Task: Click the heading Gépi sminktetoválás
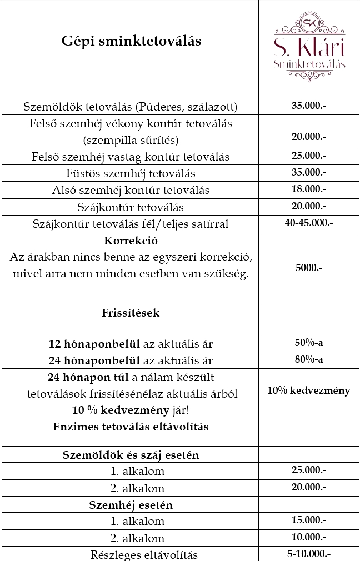click(x=131, y=41)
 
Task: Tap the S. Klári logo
click(x=309, y=48)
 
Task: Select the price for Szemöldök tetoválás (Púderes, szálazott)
click(x=309, y=105)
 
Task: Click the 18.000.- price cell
click(x=309, y=189)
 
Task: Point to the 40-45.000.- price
click(x=309, y=223)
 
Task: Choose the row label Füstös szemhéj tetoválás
click(x=131, y=173)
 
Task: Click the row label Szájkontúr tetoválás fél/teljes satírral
click(x=131, y=224)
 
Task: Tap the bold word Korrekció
click(x=131, y=242)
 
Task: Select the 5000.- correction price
click(x=309, y=267)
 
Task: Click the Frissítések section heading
click(x=131, y=313)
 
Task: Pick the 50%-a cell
click(x=309, y=343)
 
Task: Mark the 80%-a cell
click(x=309, y=359)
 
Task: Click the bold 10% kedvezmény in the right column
click(x=309, y=390)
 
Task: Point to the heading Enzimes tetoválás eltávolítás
click(x=131, y=427)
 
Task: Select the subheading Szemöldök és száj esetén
click(x=131, y=455)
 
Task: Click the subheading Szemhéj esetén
click(x=131, y=505)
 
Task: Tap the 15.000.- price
click(x=309, y=520)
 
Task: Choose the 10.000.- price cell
click(x=309, y=537)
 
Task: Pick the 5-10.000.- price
click(x=309, y=553)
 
